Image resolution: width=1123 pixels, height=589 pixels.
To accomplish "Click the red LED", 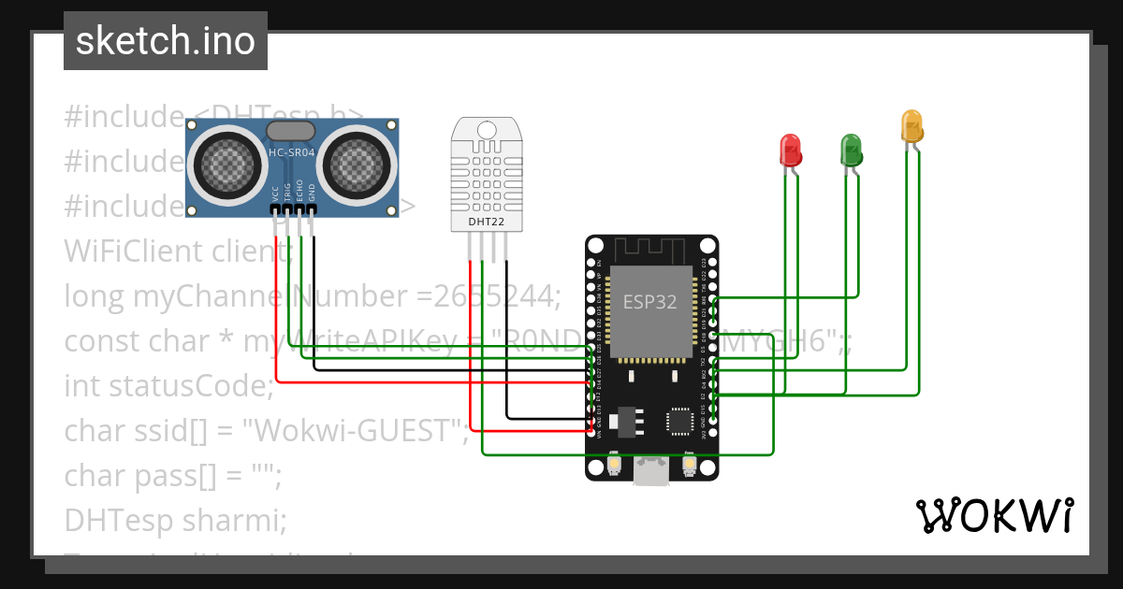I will coord(791,150).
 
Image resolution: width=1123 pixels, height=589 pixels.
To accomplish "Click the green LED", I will coord(851,150).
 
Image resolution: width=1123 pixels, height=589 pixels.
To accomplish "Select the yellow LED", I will coord(911,126).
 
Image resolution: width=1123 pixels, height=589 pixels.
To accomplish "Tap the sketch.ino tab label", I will coord(166,41).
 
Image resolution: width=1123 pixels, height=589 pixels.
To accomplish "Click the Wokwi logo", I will coord(994,515).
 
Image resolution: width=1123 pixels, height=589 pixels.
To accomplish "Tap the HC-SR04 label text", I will coord(292,153).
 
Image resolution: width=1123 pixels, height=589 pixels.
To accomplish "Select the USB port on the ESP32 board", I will coord(651,472).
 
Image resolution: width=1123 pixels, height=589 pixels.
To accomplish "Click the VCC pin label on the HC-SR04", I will coord(275,194).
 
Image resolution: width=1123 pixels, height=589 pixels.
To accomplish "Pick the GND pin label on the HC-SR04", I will coord(313,194).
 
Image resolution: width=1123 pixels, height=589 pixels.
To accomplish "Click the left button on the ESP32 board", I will coord(615,465).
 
